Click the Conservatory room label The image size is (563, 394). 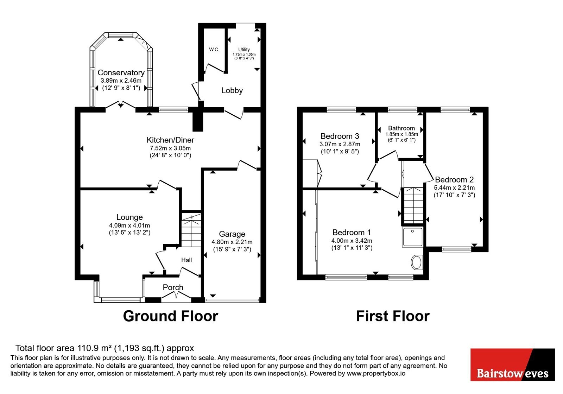(x=121, y=72)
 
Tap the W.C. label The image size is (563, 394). (x=214, y=50)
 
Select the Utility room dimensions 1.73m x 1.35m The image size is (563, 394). (x=244, y=54)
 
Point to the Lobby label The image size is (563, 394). (x=232, y=90)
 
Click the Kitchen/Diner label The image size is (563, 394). (x=170, y=140)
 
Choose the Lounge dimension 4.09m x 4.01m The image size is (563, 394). (x=129, y=225)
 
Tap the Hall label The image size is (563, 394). (x=186, y=260)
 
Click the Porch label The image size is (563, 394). (x=173, y=287)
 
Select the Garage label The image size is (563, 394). (x=232, y=234)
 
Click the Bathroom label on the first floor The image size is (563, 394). (x=401, y=128)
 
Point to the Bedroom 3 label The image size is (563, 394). (x=340, y=136)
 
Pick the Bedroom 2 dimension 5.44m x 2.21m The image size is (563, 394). (x=454, y=188)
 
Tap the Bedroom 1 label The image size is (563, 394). (x=352, y=232)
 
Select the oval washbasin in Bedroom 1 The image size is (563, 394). (x=417, y=262)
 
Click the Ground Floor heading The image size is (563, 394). (x=170, y=316)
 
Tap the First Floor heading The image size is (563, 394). (x=393, y=316)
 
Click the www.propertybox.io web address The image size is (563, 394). (x=376, y=373)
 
